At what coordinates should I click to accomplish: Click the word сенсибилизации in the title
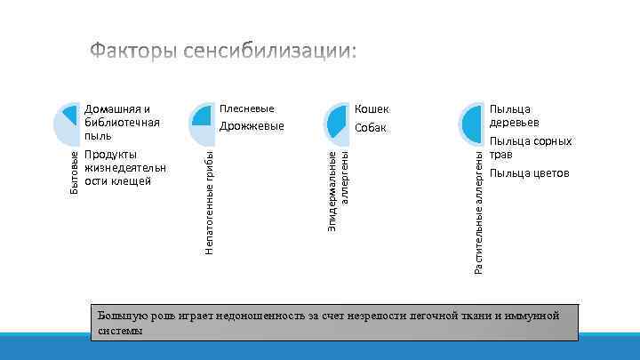270,52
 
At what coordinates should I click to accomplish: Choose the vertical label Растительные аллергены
478,213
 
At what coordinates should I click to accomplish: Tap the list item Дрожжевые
252,126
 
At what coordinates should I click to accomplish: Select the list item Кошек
372,109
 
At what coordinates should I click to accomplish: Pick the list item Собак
370,128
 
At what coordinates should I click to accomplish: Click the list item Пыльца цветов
529,172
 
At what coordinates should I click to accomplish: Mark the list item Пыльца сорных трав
530,148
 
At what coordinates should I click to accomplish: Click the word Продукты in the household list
111,155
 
